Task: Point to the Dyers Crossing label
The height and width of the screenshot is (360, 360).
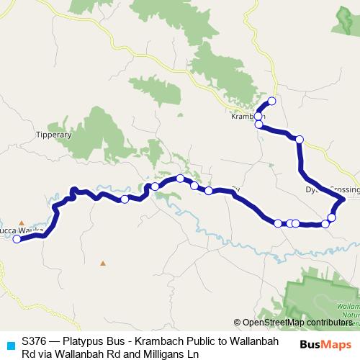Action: (x=331, y=190)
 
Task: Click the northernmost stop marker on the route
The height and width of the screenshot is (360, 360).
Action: (x=271, y=101)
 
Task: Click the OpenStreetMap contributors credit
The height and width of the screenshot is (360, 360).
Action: (x=295, y=323)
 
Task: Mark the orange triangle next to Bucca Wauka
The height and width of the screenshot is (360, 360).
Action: (x=22, y=222)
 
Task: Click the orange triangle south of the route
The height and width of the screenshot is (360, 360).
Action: (x=103, y=263)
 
